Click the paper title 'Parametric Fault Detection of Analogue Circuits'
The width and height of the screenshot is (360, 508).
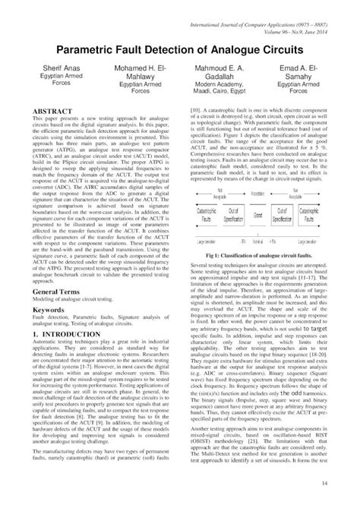(180, 48)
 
